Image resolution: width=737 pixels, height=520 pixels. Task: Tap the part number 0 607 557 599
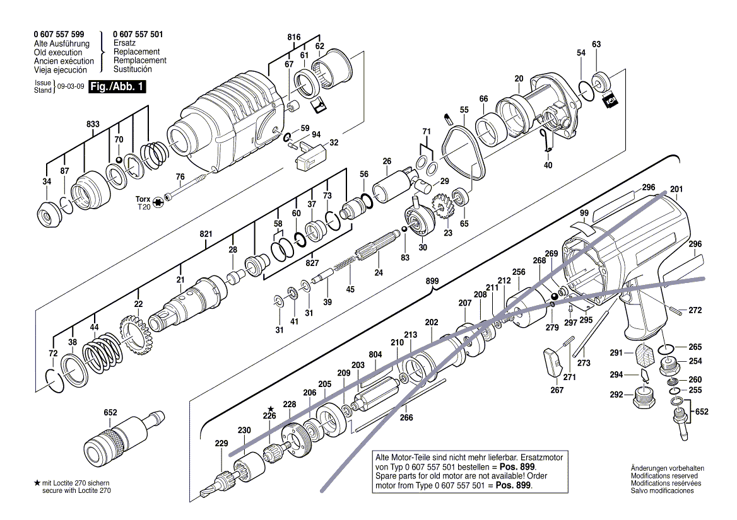pos(59,35)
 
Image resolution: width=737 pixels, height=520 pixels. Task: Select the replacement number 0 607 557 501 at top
pos(138,35)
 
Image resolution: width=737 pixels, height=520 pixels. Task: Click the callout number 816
pos(294,37)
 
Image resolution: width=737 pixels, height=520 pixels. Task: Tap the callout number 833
pos(93,125)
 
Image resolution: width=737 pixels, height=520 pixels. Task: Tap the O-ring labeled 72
pos(55,381)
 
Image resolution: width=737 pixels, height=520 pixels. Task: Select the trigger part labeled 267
pos(553,363)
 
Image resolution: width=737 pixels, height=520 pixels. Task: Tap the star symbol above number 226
pos(270,408)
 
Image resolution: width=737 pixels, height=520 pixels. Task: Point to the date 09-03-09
pos(69,87)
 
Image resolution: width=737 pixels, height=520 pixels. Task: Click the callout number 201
pos(676,189)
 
